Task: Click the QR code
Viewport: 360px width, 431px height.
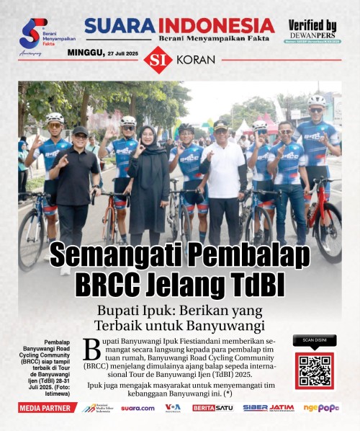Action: click(x=314, y=371)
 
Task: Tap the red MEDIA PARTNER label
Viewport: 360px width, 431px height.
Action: click(x=48, y=408)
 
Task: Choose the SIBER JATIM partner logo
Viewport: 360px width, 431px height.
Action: click(x=268, y=408)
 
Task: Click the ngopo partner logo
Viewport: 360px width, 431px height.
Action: click(x=321, y=408)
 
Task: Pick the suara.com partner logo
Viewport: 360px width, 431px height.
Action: click(x=138, y=408)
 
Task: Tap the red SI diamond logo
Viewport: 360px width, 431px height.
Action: click(x=158, y=59)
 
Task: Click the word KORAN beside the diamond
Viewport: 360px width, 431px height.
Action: click(x=191, y=60)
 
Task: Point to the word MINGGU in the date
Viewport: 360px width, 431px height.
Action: click(x=85, y=53)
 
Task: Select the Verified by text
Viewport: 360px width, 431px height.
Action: click(x=312, y=25)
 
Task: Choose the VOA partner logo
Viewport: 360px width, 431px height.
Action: click(x=173, y=408)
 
